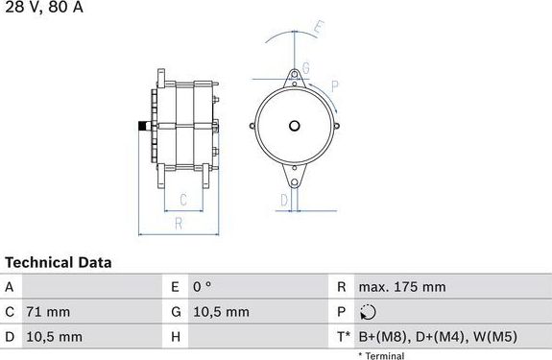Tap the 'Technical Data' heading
59,262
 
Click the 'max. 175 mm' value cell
401,287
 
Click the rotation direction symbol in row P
368,312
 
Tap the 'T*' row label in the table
344,337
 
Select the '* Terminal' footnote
381,355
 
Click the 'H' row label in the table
176,337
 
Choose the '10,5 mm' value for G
222,312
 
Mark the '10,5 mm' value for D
55,337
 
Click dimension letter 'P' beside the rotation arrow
334,86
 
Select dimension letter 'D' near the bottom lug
284,199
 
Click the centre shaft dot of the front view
295,125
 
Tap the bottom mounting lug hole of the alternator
296,179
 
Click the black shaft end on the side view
142,126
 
